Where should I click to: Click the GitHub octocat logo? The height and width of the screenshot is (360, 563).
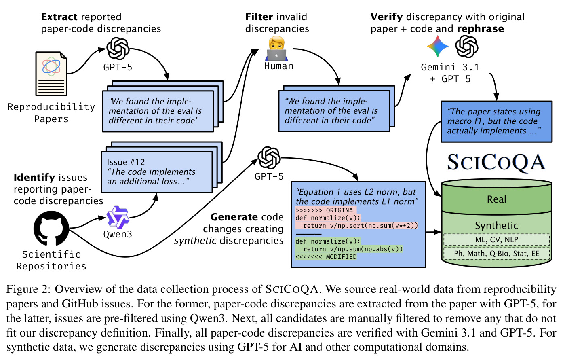(51, 228)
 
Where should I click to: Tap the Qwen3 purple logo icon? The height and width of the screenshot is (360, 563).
(118, 217)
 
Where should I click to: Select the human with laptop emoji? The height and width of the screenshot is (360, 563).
(276, 48)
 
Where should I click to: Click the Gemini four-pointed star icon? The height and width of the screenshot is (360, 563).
(437, 46)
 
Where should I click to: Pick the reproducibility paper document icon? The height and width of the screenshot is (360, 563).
(51, 74)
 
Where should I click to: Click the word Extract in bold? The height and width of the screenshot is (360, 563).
(59, 17)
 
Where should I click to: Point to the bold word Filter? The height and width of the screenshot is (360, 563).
(259, 17)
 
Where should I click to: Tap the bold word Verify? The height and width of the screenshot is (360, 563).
(386, 17)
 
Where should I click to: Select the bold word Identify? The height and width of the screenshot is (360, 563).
(34, 178)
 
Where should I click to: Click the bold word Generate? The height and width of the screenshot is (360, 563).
(231, 217)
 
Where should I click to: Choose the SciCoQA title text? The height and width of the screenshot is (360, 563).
(496, 163)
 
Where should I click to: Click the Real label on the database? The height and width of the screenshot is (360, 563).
(496, 199)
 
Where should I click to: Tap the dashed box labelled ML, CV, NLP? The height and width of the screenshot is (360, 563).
(496, 240)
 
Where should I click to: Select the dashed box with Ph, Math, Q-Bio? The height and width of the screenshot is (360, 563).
(496, 254)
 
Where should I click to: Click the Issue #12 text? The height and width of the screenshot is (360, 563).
(126, 162)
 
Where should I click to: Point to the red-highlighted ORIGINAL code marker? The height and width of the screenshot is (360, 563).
(326, 210)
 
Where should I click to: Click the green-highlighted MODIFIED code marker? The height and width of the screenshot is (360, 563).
(326, 257)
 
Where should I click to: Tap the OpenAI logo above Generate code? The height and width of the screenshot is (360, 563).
(269, 158)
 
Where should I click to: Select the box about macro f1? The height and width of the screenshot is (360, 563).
(496, 121)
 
